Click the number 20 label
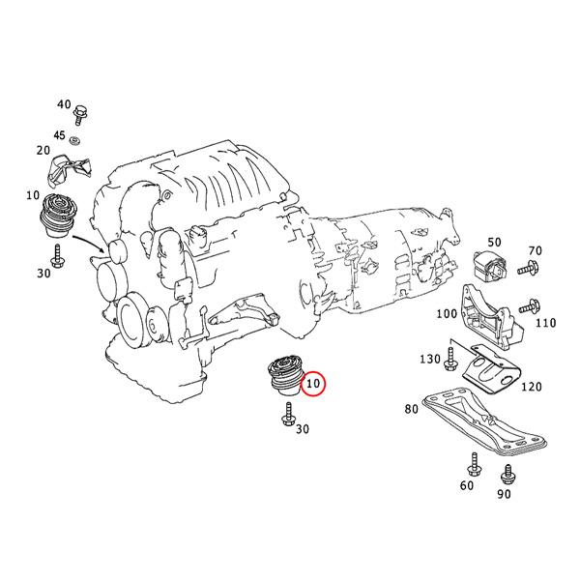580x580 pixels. click(43, 151)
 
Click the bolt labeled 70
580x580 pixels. click(530, 268)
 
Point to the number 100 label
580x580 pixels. click(447, 314)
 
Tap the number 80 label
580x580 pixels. click(412, 409)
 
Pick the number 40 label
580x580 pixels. click(65, 104)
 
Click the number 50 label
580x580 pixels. click(493, 242)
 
